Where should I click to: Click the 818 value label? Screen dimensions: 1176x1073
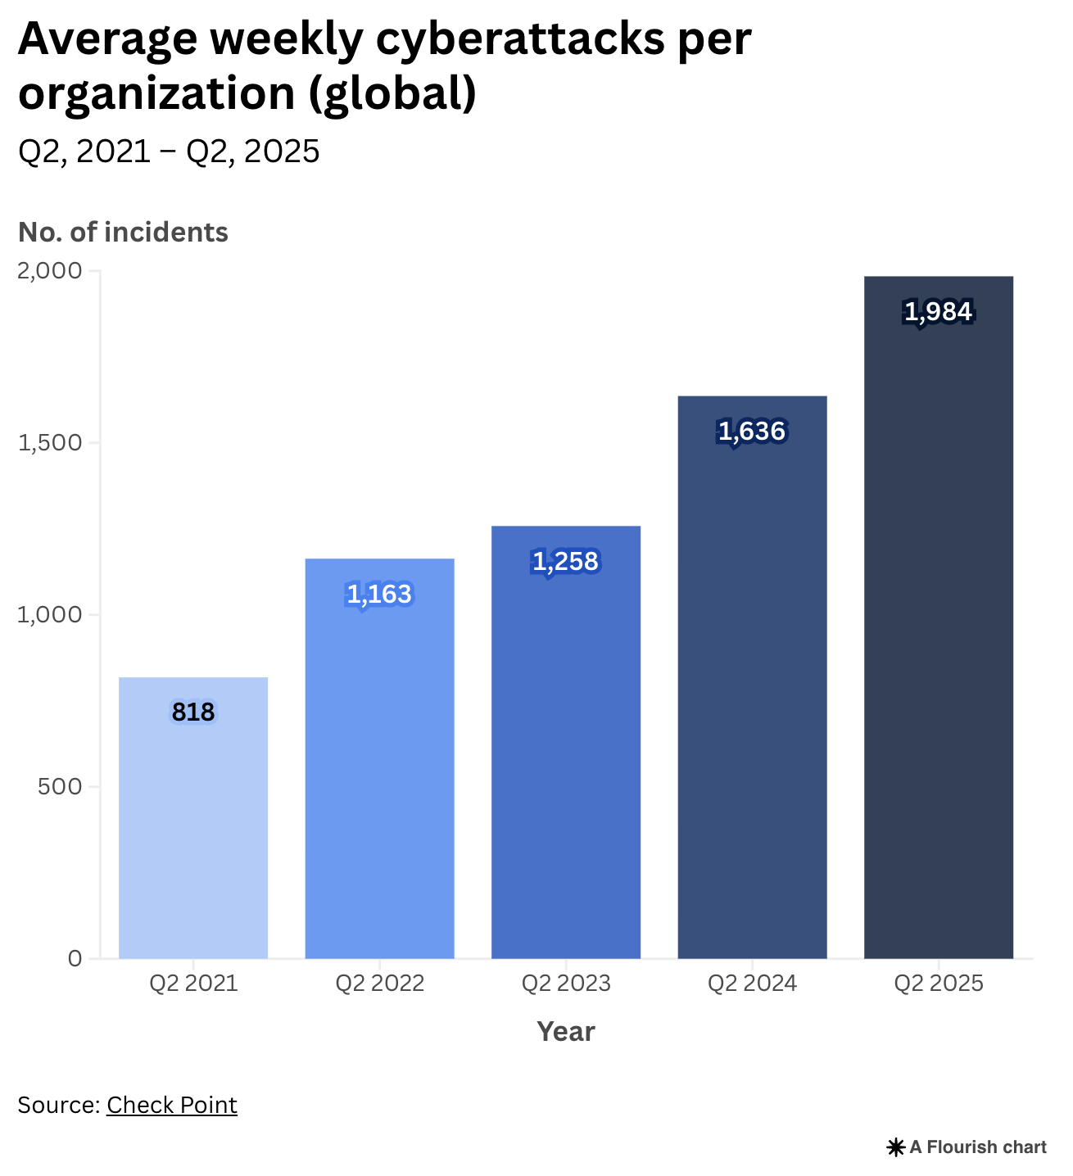coord(193,712)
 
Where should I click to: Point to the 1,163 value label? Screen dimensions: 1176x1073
coord(379,594)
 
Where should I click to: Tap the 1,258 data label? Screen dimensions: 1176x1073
coord(566,562)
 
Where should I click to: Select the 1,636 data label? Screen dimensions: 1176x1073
coord(752,431)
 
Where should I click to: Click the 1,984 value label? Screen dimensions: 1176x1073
coord(939,312)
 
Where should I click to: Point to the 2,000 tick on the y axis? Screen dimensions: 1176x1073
coord(50,271)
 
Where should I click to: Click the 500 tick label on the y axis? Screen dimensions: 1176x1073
coord(60,787)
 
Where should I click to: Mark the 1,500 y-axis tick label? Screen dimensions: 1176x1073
coord(50,443)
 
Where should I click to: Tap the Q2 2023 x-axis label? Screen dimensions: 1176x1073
coord(566,983)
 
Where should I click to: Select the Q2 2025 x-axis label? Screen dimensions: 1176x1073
coord(939,983)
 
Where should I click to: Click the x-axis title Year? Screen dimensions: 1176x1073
coord(566,1031)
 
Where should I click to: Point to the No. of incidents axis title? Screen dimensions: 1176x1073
coord(123,233)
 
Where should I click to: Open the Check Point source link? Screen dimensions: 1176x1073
coord(172,1105)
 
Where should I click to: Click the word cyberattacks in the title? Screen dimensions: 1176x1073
coord(519,39)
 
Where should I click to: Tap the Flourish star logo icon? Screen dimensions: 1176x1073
coord(895,1147)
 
